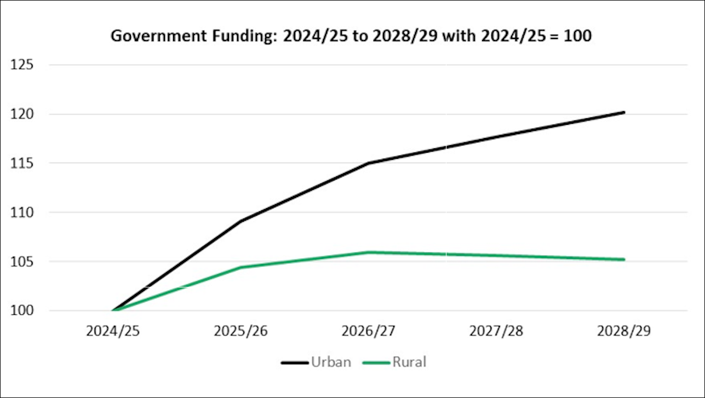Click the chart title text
351,36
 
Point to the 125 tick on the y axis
22,65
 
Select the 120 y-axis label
22,114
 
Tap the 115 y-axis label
22,163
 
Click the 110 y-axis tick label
22,212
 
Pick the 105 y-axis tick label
22,261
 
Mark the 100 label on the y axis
22,310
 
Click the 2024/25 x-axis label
113,332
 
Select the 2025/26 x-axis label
241,332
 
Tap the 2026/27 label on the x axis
369,332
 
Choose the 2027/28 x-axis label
496,332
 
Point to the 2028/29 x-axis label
624,332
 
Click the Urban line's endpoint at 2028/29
624,112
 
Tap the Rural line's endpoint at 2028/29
624,259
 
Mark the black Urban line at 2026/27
369,163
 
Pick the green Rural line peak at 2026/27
369,252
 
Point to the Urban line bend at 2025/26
241,221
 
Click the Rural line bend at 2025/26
241,267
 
